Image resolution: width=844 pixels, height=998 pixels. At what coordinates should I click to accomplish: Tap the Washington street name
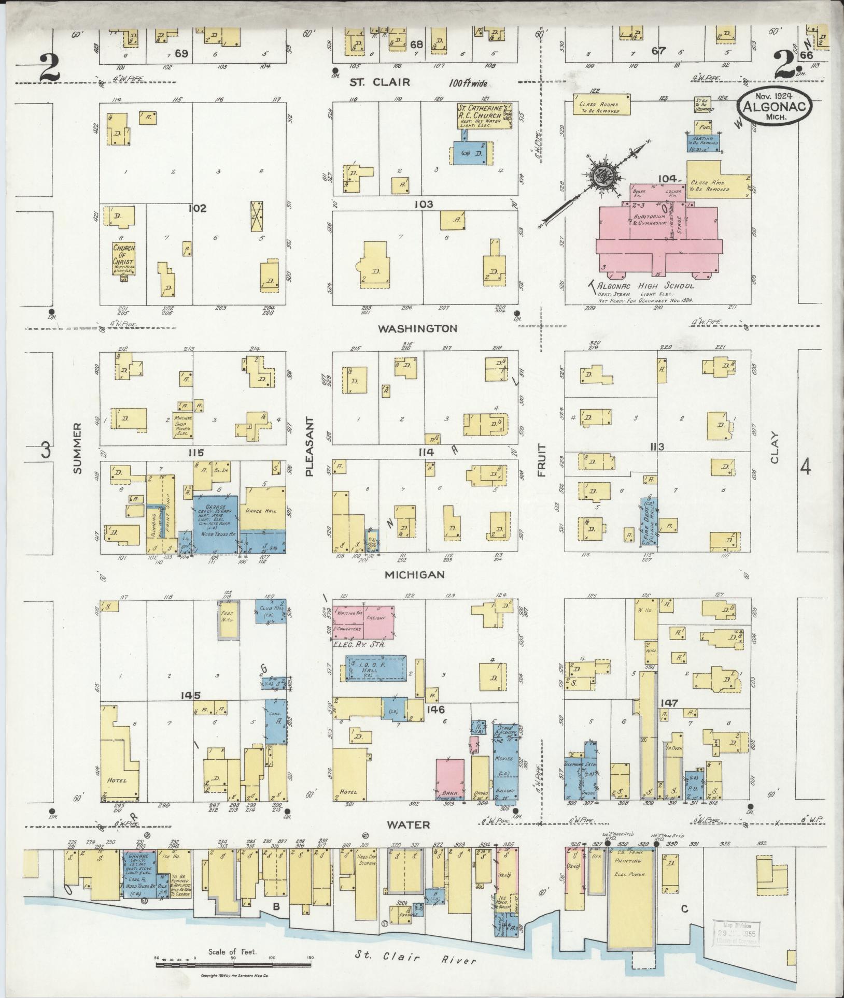point(417,328)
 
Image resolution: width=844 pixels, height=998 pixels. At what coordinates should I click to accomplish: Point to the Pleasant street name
point(310,445)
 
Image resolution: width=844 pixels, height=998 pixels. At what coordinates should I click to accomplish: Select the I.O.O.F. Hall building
point(375,668)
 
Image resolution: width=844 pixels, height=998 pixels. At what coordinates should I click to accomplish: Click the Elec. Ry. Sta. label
point(361,645)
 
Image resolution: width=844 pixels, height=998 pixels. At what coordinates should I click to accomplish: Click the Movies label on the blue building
point(504,758)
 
